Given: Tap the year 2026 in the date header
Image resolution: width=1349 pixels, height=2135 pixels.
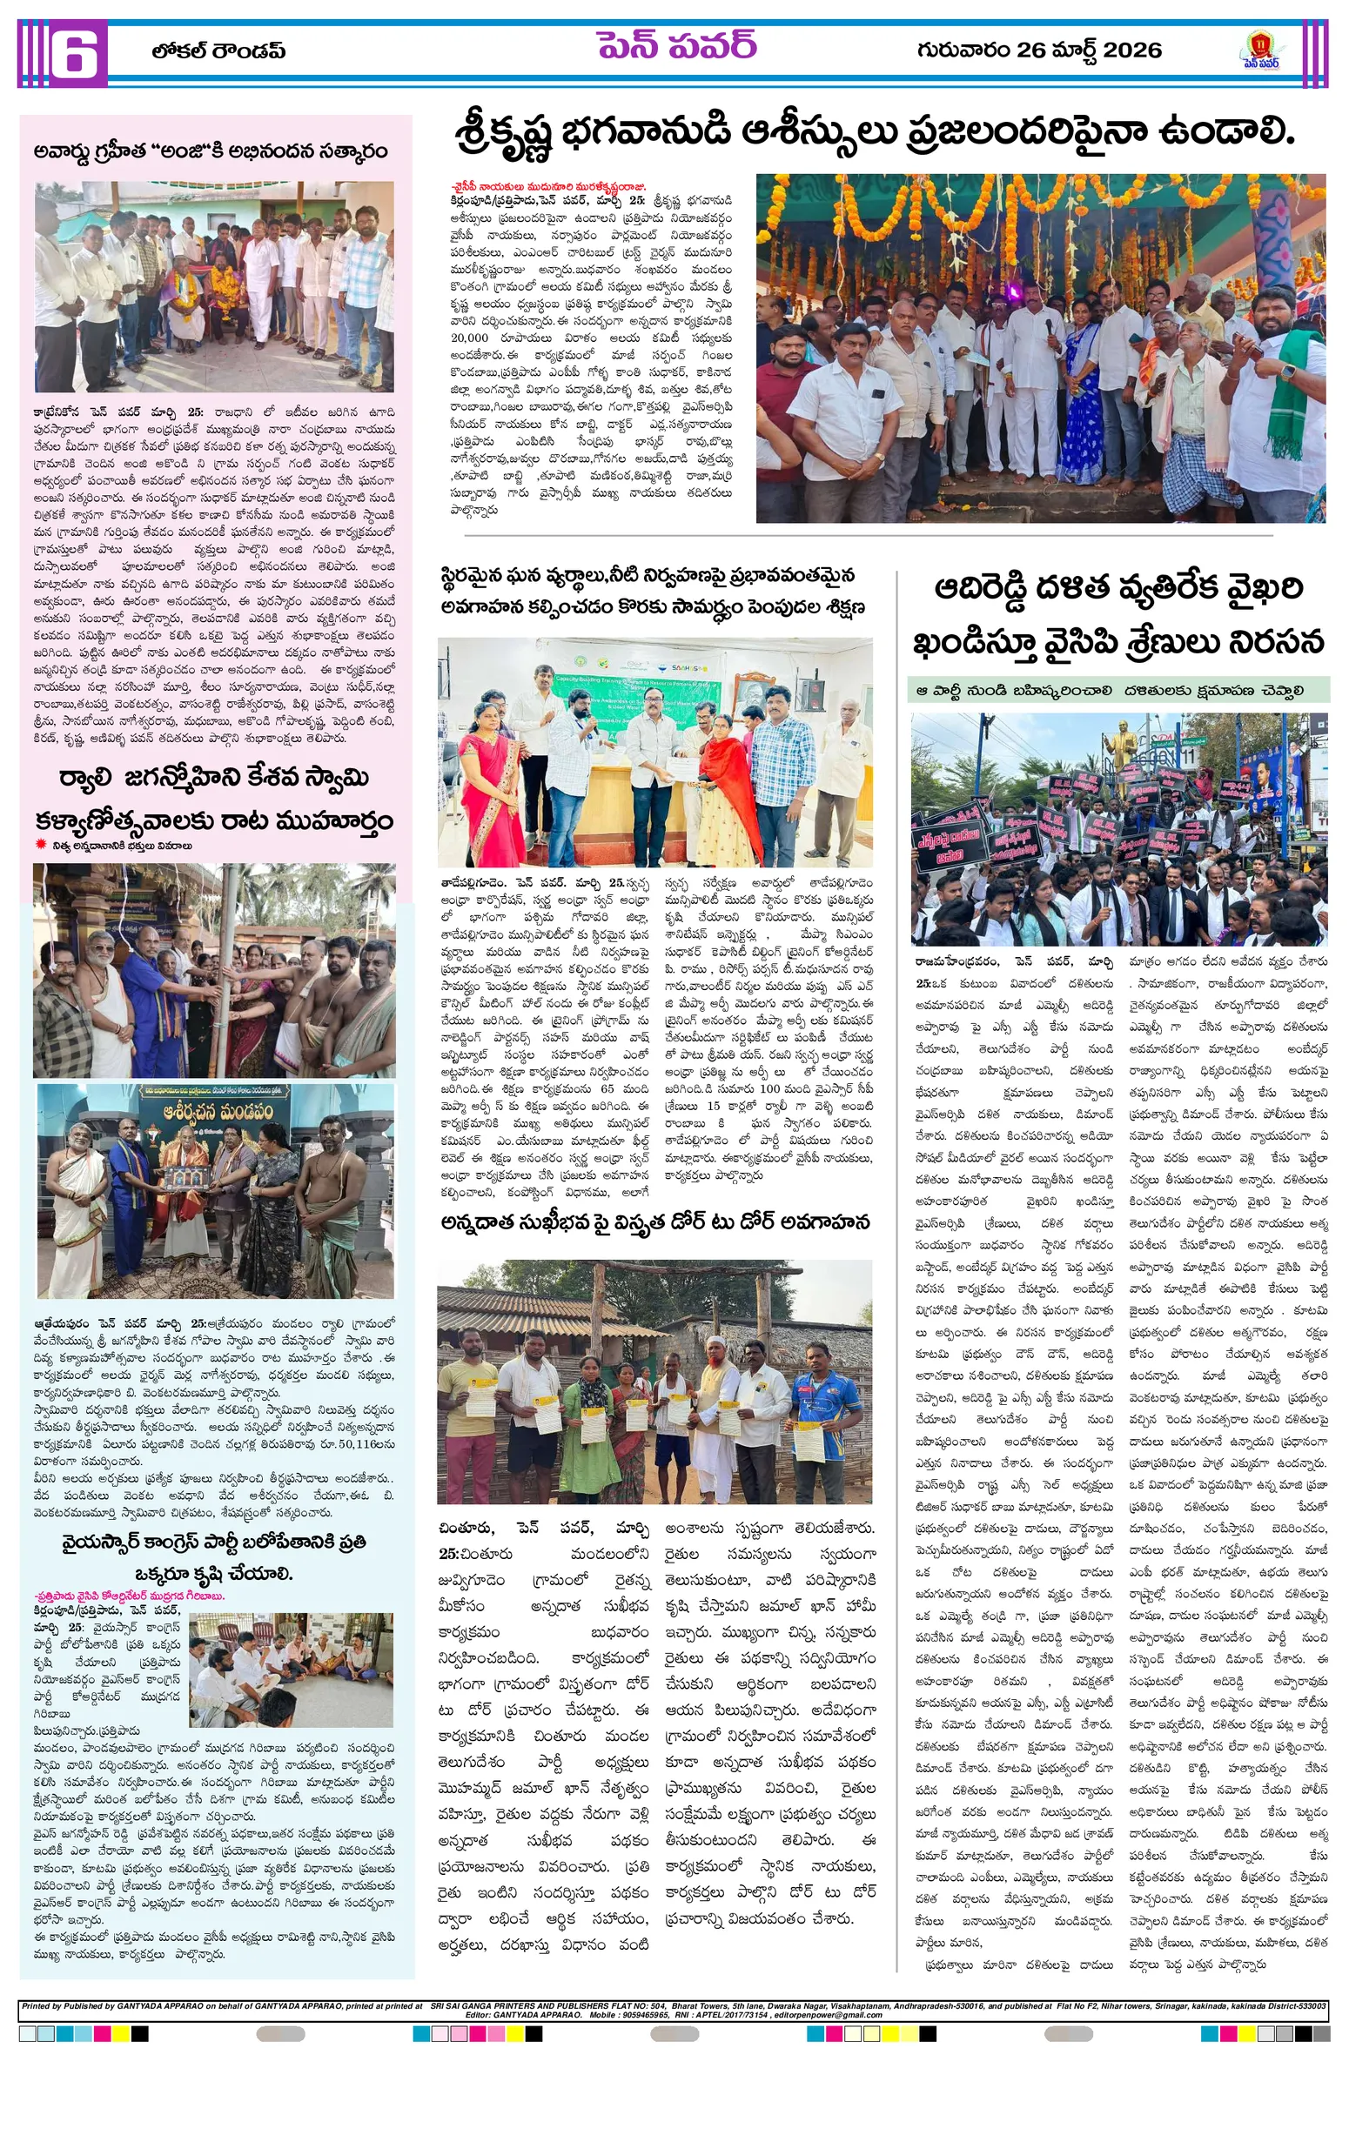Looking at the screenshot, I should click(1131, 50).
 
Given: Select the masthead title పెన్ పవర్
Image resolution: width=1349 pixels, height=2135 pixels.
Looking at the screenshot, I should click(676, 47).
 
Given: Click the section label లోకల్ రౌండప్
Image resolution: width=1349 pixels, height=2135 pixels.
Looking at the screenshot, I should click(218, 51).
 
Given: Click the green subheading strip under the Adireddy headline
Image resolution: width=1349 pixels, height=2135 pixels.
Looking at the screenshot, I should click(1117, 690).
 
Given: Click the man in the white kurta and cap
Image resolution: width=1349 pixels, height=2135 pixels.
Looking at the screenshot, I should click(715, 1409).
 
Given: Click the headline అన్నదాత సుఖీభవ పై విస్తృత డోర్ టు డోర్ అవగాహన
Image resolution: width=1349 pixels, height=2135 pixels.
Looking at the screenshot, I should click(654, 1222).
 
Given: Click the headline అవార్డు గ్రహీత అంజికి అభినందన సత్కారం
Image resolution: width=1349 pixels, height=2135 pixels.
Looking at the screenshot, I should click(211, 151).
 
